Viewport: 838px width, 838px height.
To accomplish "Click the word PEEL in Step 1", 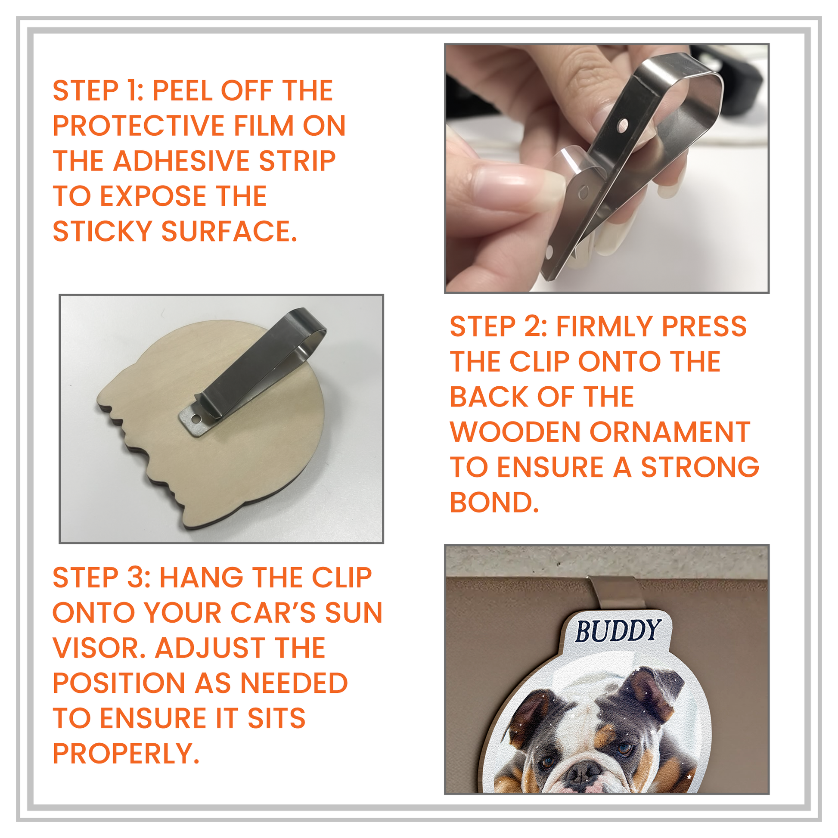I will [x=182, y=91].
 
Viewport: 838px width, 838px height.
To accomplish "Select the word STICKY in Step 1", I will [x=102, y=231].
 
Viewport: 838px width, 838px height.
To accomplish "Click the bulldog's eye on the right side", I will [x=625, y=749].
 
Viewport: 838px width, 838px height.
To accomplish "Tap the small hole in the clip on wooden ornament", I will [x=196, y=419].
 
